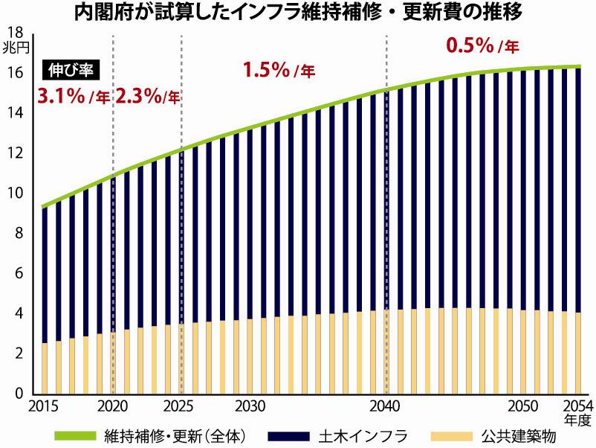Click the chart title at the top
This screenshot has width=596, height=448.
[x=297, y=13]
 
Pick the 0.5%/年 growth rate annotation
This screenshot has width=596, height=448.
[x=482, y=45]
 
